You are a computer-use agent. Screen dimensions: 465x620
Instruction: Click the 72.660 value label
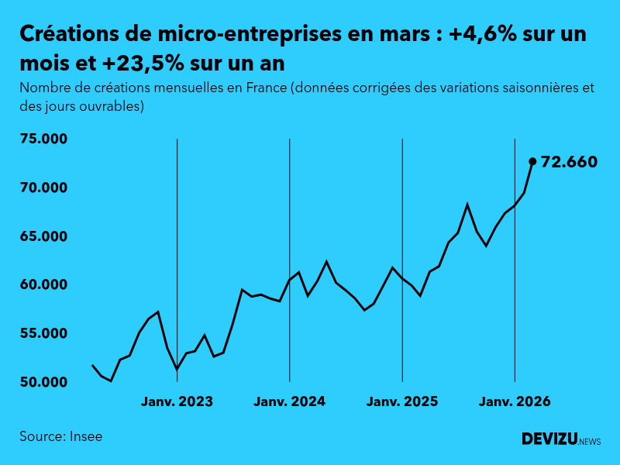click(569, 162)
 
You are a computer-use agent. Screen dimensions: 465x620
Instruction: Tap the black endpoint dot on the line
click(532, 161)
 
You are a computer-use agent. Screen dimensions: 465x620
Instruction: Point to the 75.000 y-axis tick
click(44, 139)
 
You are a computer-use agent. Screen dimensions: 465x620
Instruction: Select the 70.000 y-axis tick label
click(44, 188)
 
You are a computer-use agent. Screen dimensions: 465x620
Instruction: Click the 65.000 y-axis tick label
click(44, 236)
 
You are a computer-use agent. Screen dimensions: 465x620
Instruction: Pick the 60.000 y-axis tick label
click(44, 285)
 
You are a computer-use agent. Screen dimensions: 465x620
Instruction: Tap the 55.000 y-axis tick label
click(44, 333)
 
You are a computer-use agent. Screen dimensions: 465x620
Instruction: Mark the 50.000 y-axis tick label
click(44, 382)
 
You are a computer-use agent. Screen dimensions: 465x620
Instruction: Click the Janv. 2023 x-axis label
click(177, 401)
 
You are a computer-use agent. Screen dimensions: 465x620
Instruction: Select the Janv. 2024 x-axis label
click(289, 401)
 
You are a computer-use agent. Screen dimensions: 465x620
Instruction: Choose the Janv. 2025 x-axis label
click(402, 401)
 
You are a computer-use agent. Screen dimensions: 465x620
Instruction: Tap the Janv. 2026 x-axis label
click(515, 401)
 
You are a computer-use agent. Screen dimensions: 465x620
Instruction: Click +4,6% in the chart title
click(481, 34)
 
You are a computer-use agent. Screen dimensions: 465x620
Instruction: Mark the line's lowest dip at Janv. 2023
click(177, 370)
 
